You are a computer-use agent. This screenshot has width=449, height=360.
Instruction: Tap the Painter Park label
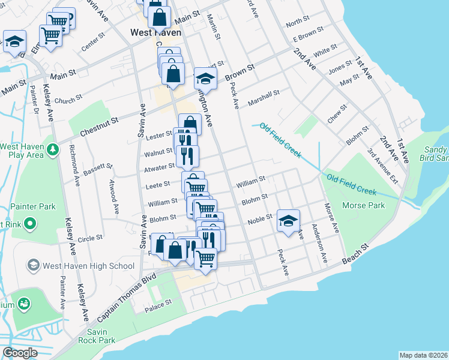pyautogui.click(x=33, y=206)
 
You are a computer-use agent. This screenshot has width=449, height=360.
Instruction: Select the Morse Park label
pyautogui.click(x=363, y=205)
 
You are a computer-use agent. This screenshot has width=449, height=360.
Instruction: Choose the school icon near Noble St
pyautogui.click(x=288, y=221)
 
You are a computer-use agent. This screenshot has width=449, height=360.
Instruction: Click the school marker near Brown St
pyautogui.click(x=205, y=78)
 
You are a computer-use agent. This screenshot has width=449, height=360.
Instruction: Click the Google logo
pyautogui.click(x=19, y=353)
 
